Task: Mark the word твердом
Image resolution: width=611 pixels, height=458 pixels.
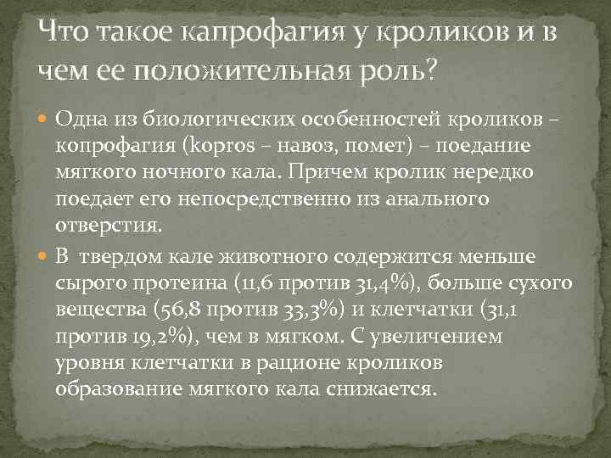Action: coord(126,256)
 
